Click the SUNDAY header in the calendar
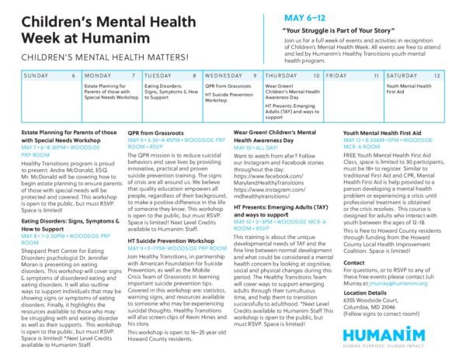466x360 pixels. coord(37,75)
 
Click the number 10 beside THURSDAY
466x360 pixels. coord(316,75)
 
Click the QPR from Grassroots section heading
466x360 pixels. coord(155,133)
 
